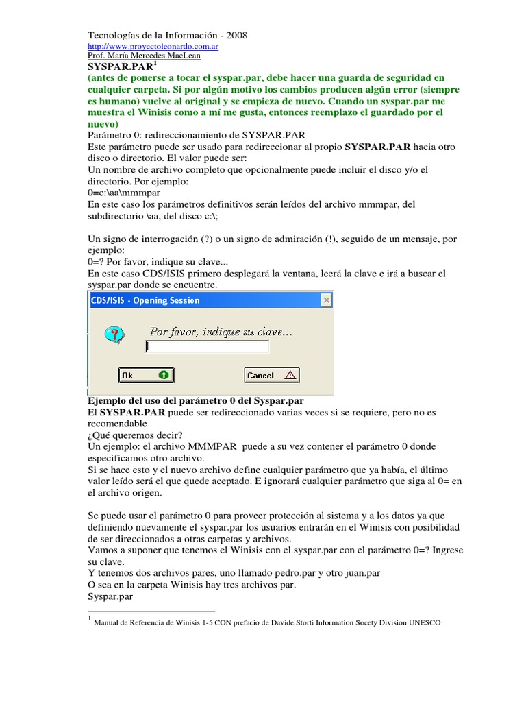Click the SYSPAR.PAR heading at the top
(x=120, y=69)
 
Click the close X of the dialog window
(x=327, y=300)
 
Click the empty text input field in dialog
(x=208, y=348)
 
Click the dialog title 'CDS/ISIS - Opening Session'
(x=146, y=300)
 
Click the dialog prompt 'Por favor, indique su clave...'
(x=221, y=332)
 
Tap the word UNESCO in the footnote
(x=425, y=622)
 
